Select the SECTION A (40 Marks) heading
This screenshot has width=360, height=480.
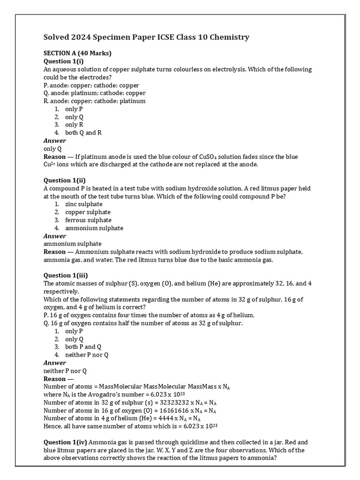tap(77, 53)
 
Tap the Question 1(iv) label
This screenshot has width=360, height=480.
tap(66, 442)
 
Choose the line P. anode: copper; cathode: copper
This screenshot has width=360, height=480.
tap(91, 85)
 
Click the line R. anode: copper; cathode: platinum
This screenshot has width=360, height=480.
tap(94, 101)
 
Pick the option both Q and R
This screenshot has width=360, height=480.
tap(83, 133)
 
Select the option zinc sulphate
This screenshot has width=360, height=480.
tap(84, 204)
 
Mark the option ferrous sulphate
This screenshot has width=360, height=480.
tap(88, 220)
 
